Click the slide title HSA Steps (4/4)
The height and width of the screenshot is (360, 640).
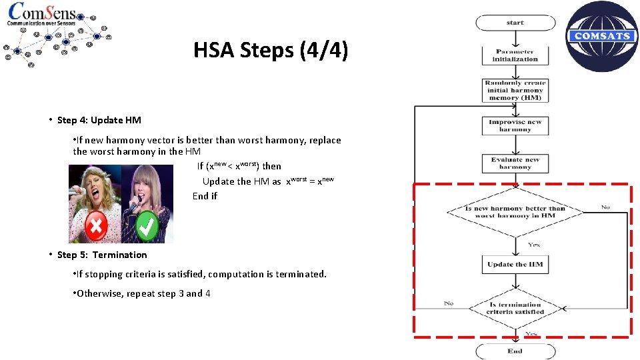(x=270, y=51)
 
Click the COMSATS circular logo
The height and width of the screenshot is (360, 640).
(x=602, y=36)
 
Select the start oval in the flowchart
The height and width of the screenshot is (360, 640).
(x=515, y=23)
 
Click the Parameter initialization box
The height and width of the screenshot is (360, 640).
(x=515, y=55)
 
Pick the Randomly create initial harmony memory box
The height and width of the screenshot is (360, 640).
(x=515, y=91)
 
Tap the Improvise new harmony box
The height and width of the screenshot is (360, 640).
(x=515, y=125)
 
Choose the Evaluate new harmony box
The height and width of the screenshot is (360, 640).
(x=515, y=163)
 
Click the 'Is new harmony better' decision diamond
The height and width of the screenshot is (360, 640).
(x=515, y=212)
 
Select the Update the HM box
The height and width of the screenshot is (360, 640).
(x=515, y=264)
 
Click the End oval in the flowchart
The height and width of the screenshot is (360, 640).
(x=515, y=351)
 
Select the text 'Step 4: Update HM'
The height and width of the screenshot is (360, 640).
(x=99, y=120)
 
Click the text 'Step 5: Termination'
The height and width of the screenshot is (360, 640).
(x=101, y=255)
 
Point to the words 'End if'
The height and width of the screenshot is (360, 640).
(x=205, y=196)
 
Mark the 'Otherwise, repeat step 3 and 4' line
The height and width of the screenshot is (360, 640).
(x=143, y=293)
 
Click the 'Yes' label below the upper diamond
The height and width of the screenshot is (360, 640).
(x=533, y=245)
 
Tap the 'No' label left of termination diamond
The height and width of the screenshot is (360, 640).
(x=449, y=303)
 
